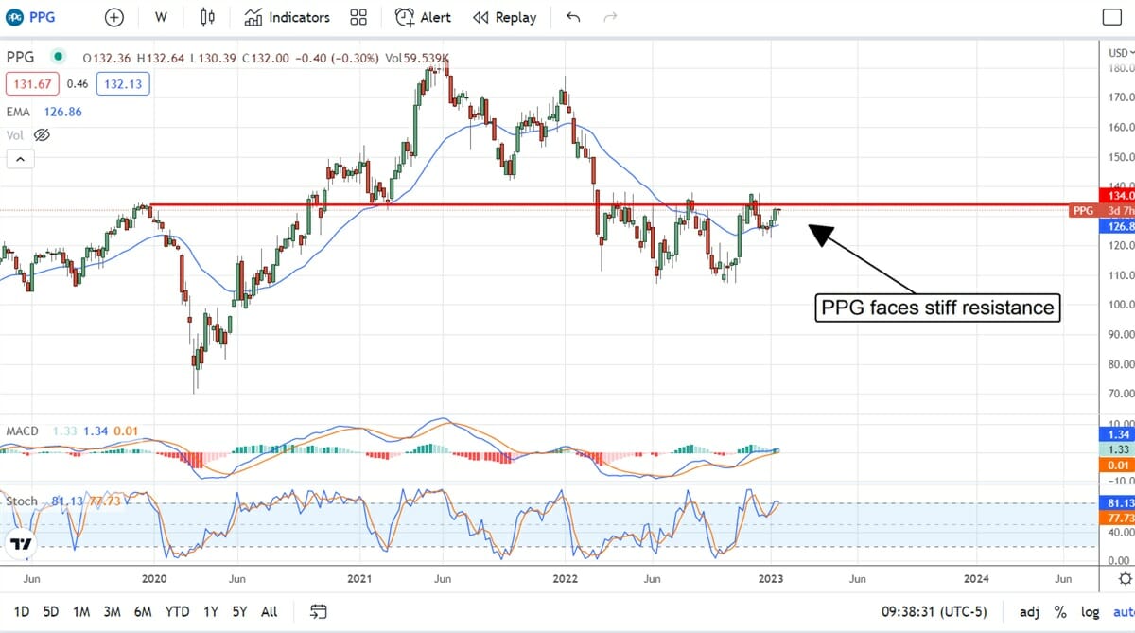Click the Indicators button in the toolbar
(288, 17)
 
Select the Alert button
(423, 17)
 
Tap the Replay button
(504, 17)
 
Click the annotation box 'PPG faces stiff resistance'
(934, 308)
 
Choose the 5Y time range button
(239, 611)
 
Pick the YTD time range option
(177, 611)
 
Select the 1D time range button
(22, 611)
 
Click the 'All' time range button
(270, 611)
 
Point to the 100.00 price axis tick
(1121, 305)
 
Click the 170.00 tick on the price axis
(1121, 97)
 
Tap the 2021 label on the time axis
(359, 578)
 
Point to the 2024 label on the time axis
(977, 578)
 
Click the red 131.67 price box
(33, 84)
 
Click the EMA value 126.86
(62, 112)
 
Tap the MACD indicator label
(23, 431)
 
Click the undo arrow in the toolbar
(573, 17)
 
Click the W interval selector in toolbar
(161, 17)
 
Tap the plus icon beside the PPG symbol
(113, 17)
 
